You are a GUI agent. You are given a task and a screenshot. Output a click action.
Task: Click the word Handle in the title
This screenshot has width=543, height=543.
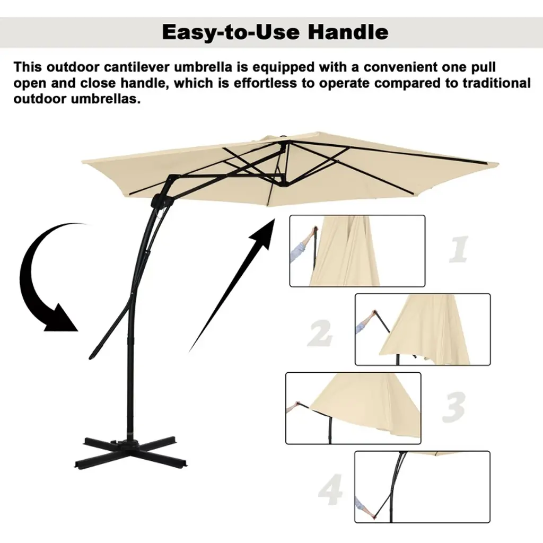(x=348, y=32)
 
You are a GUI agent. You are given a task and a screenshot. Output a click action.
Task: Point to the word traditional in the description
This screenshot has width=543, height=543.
(x=496, y=83)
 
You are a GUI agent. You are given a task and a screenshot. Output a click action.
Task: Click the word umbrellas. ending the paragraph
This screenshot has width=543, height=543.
(x=106, y=99)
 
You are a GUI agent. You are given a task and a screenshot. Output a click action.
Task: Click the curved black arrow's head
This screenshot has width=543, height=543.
(x=62, y=318)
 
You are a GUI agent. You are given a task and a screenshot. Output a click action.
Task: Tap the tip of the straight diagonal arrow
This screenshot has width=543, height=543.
(x=275, y=219)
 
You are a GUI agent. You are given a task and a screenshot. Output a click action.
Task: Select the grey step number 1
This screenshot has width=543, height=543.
(x=458, y=249)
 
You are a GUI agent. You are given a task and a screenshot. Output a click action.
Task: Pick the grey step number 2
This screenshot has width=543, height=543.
(x=320, y=333)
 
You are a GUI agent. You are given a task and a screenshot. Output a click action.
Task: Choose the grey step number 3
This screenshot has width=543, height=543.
(x=453, y=407)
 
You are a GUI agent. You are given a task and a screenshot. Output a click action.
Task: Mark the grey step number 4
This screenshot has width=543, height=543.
(x=331, y=489)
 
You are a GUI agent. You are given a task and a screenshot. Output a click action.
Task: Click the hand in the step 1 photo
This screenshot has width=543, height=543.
(x=314, y=231)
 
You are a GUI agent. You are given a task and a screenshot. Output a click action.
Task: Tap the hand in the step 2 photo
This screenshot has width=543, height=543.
(x=373, y=314)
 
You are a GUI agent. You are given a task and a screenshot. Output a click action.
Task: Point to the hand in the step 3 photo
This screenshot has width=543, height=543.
(x=296, y=405)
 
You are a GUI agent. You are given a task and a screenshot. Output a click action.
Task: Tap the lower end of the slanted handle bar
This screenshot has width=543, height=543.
(x=91, y=357)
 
